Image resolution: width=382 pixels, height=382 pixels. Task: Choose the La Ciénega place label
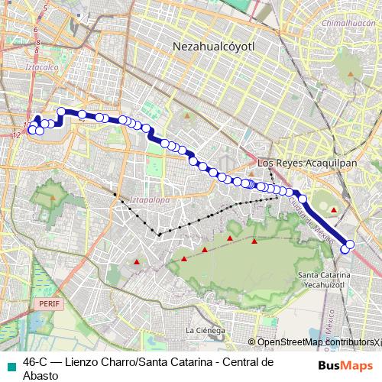click(205, 330)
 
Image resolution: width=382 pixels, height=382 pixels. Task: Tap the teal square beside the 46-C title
click(8, 363)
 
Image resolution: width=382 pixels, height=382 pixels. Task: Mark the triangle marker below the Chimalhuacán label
click(351, 74)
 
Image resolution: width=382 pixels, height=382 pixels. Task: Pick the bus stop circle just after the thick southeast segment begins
click(303, 199)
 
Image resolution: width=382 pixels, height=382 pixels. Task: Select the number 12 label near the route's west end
click(17, 135)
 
